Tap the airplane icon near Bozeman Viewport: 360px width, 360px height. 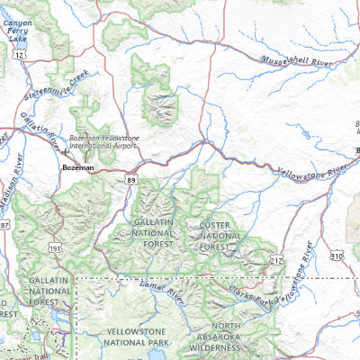click(76, 152)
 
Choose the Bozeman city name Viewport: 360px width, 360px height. click(78, 168)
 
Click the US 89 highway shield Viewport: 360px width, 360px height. click(132, 180)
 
